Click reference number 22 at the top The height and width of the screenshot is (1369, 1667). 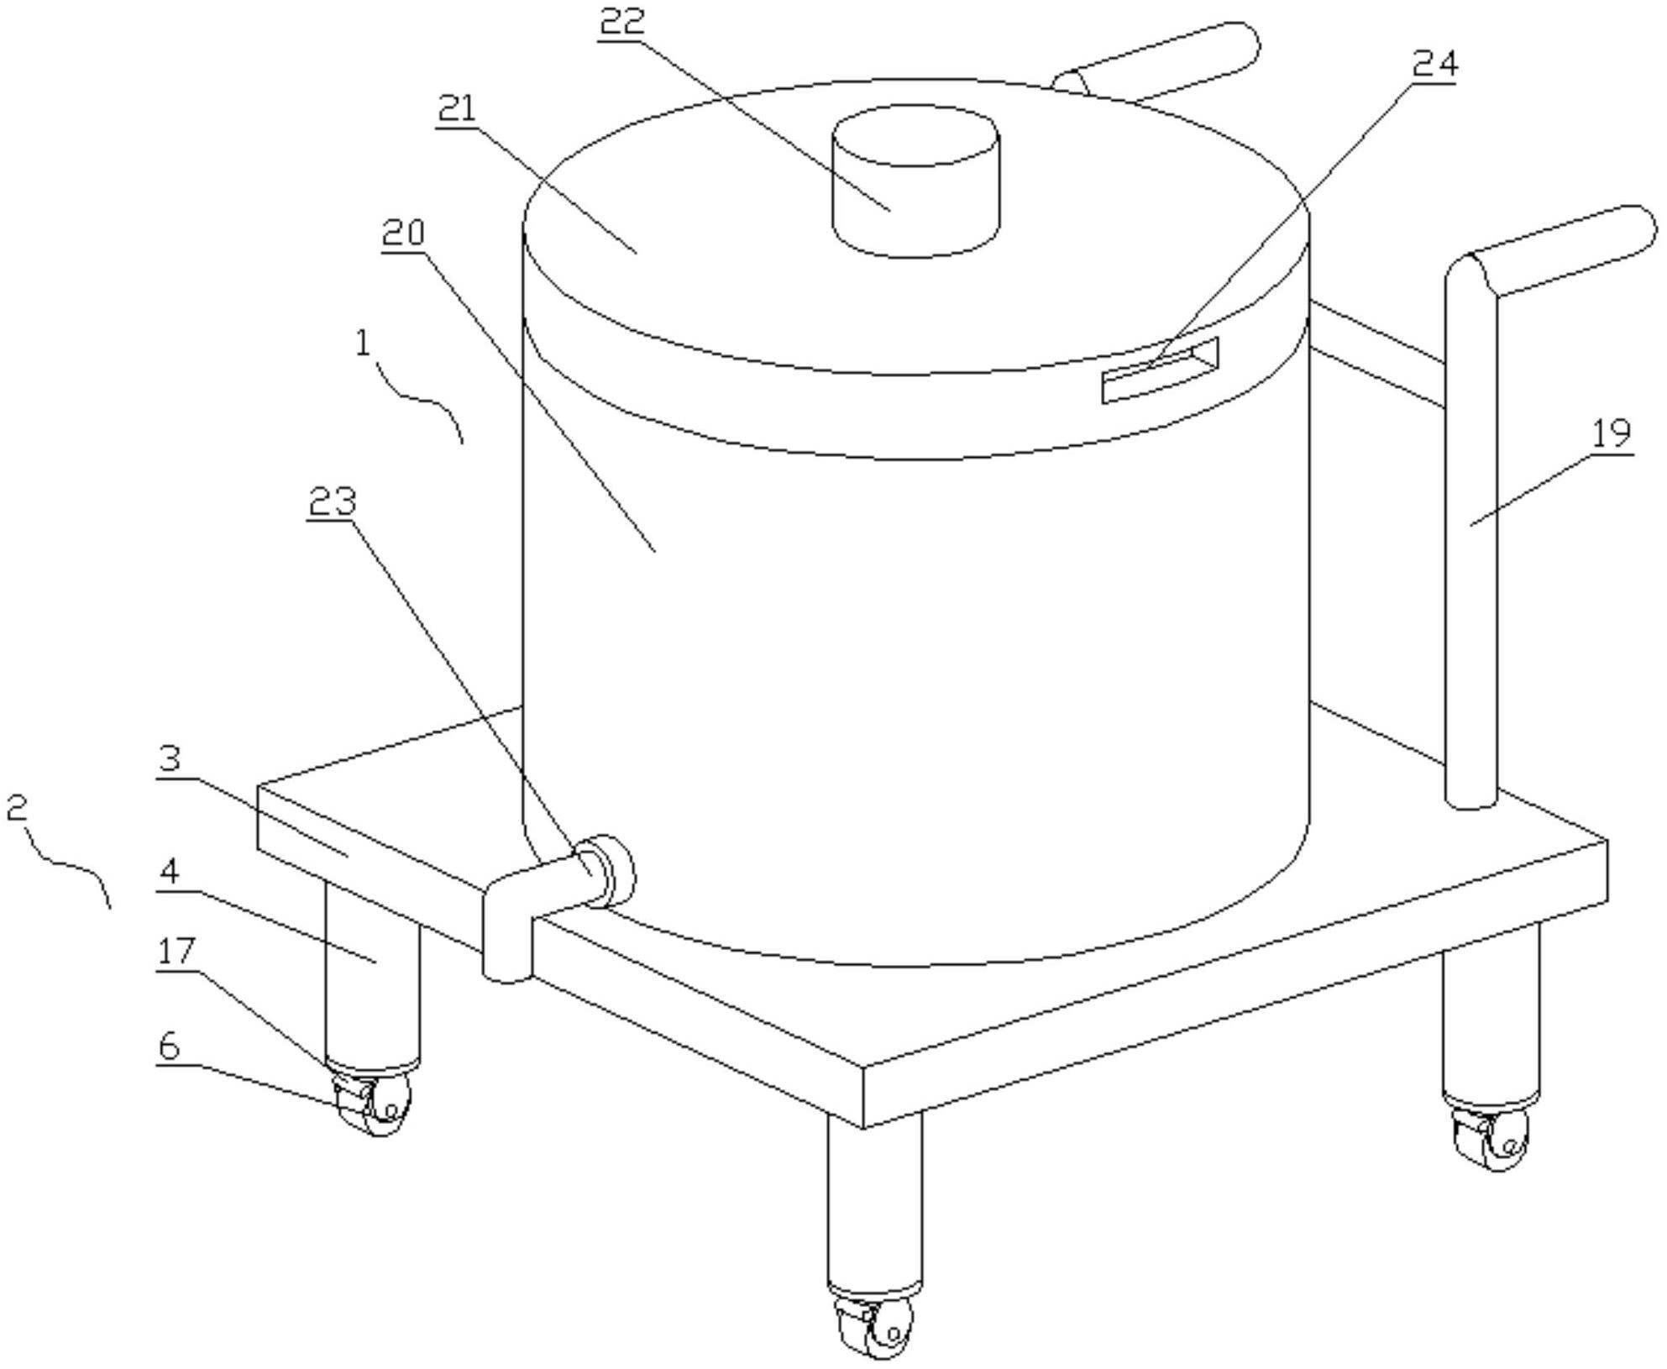click(x=621, y=20)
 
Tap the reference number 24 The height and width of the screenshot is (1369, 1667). click(x=1434, y=62)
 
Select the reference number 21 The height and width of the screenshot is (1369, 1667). click(x=457, y=109)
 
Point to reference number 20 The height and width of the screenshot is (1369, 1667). click(x=403, y=233)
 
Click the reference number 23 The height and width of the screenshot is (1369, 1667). click(x=333, y=501)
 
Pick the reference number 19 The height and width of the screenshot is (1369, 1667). click(x=1611, y=433)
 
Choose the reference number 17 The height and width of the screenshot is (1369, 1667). click(x=176, y=952)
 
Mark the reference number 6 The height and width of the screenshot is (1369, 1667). click(x=169, y=1046)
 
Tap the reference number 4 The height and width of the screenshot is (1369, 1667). click(x=169, y=871)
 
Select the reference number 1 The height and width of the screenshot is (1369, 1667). click(x=363, y=343)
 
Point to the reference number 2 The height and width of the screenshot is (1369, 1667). click(x=17, y=809)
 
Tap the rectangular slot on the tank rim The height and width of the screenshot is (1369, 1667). click(x=1160, y=370)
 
